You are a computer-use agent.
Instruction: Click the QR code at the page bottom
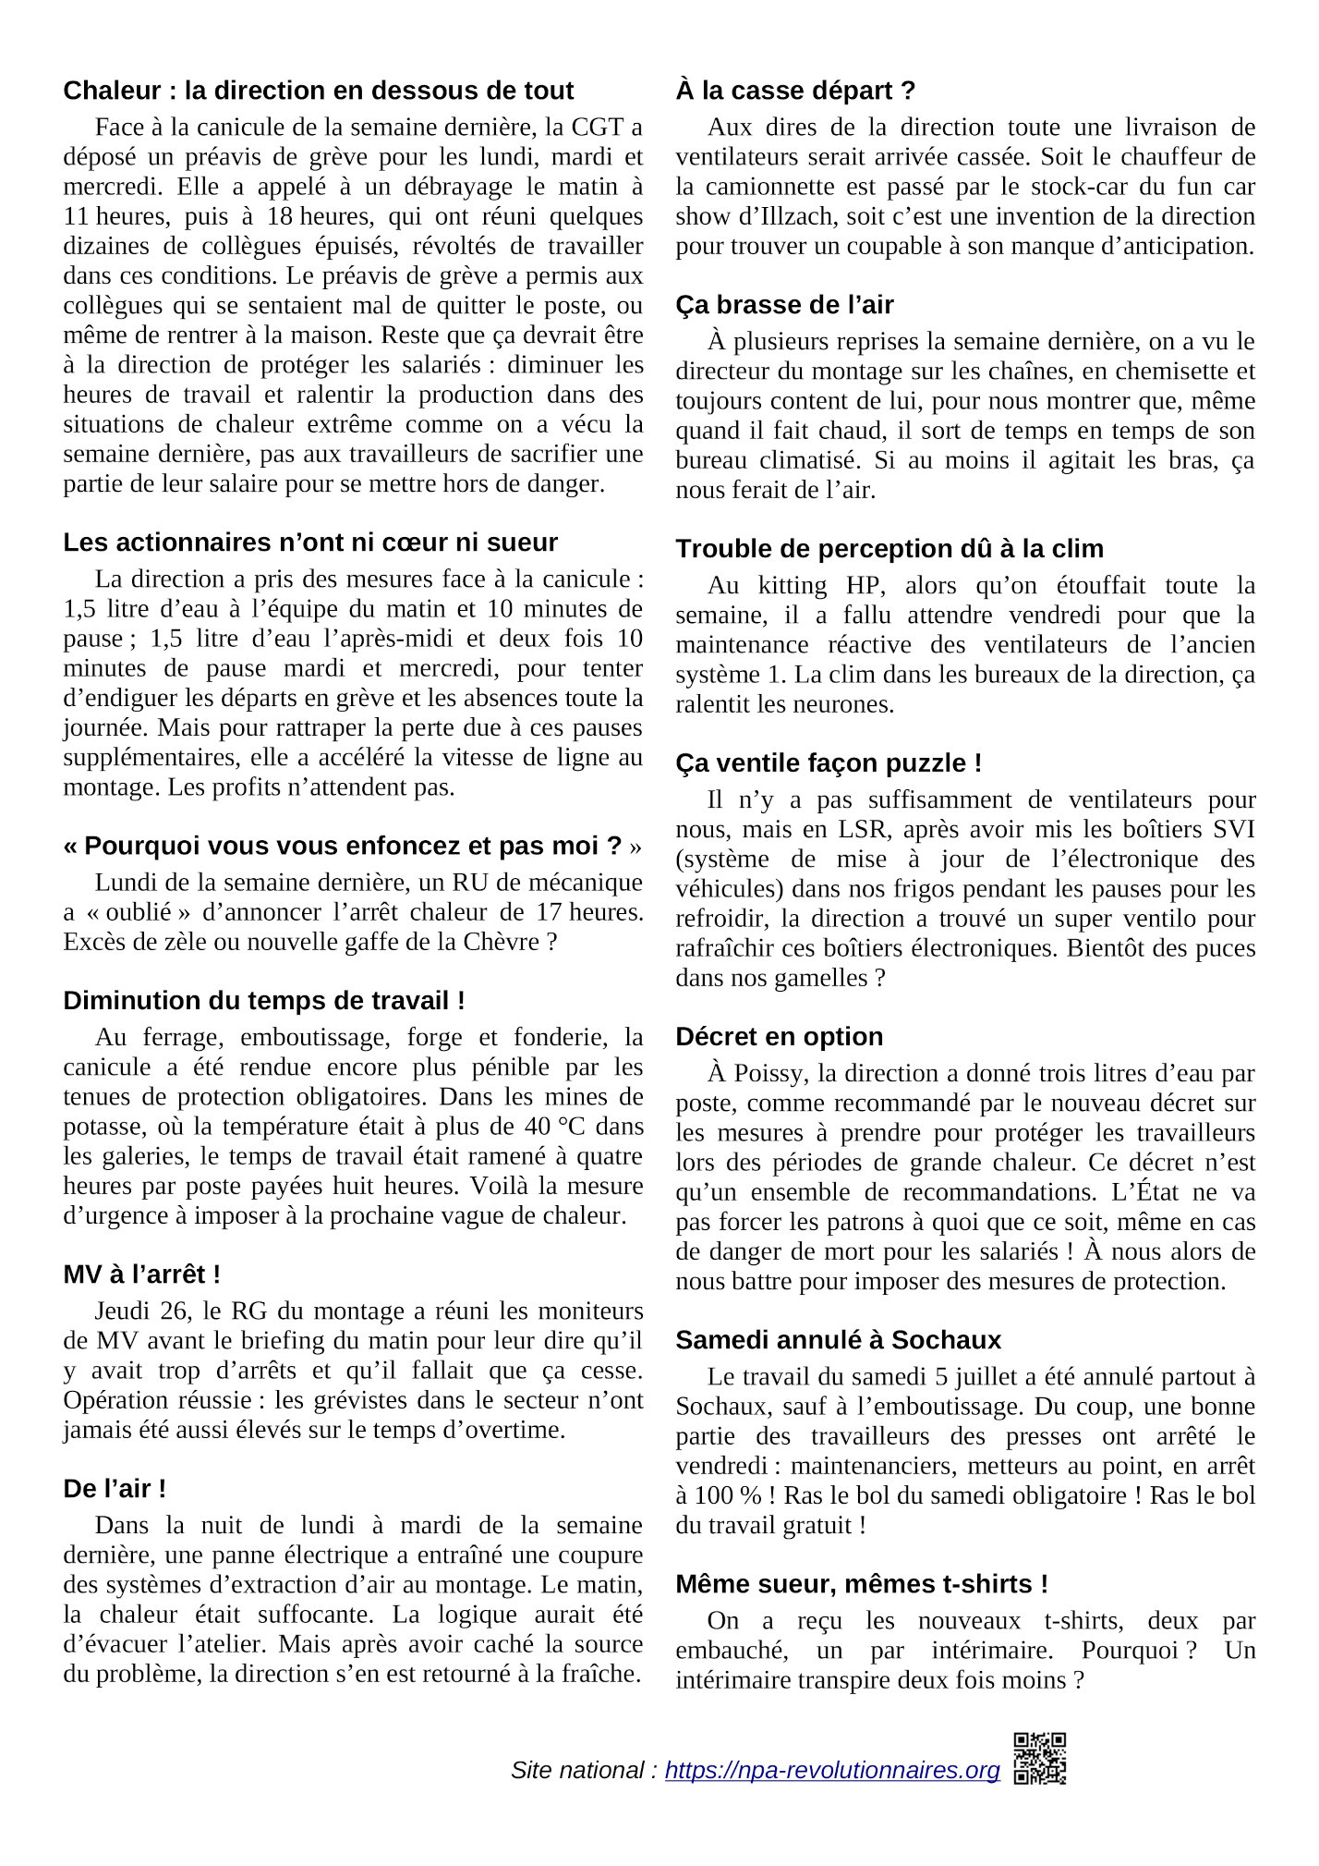[1039, 1758]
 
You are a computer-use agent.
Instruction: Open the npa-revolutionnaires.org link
[831, 1770]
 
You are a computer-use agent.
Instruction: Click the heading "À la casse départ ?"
[795, 91]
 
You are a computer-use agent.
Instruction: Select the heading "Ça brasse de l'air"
[784, 305]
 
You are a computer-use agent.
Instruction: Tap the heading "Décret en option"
[779, 1037]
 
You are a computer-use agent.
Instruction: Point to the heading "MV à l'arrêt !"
[141, 1274]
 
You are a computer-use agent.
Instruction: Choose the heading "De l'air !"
[115, 1489]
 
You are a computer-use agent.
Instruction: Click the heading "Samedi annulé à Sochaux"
[838, 1340]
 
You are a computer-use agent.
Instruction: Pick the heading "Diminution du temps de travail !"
[264, 1001]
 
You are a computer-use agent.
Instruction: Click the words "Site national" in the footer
[577, 1770]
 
